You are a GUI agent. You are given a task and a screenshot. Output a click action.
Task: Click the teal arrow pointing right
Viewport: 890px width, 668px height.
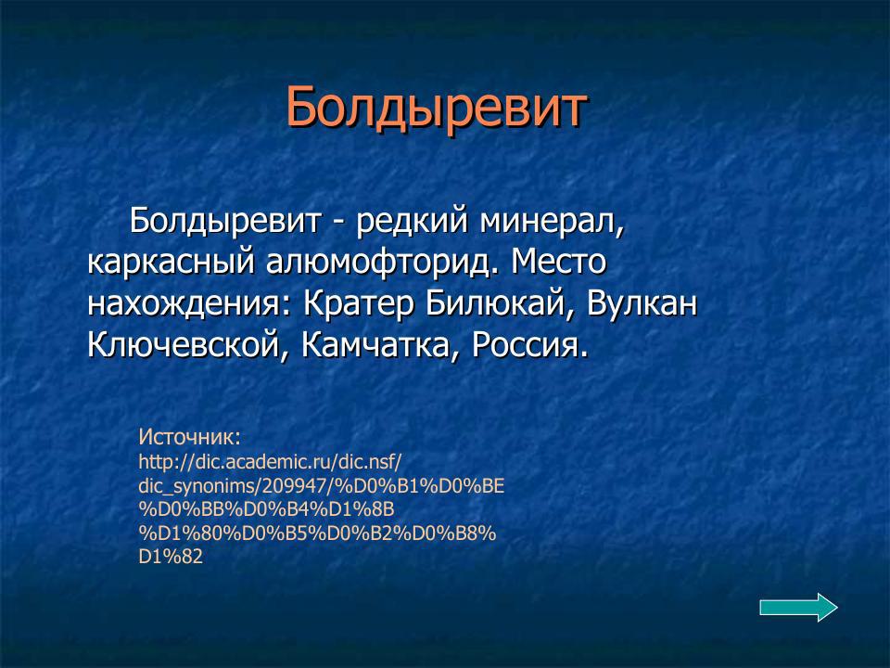[798, 608]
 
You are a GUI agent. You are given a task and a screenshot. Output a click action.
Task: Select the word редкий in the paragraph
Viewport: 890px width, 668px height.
[413, 222]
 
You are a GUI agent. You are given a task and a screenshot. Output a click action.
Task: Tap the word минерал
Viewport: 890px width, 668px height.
[553, 222]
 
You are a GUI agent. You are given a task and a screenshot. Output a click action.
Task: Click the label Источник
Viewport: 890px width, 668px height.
[189, 436]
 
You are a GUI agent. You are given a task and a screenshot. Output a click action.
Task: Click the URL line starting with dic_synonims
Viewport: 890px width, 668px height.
[321, 485]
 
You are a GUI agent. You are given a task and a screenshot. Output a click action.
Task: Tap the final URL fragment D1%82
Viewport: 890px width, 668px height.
[171, 557]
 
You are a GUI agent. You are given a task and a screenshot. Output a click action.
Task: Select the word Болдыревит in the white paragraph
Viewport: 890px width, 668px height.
[224, 222]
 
